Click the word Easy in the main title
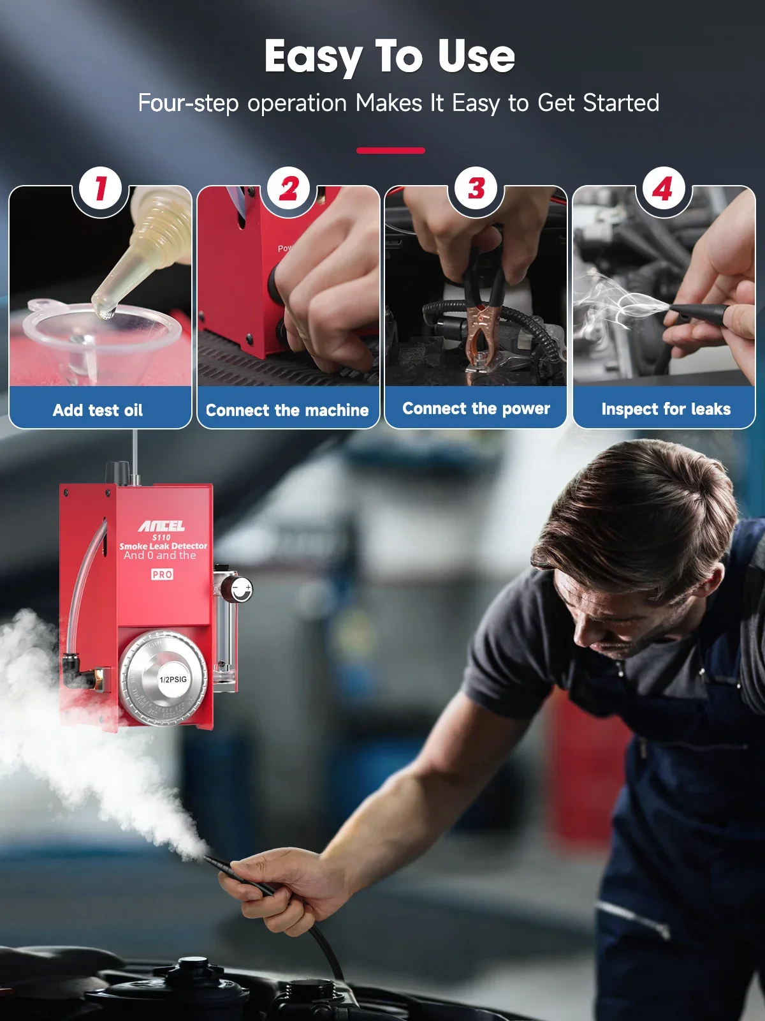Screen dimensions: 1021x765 click(x=312, y=57)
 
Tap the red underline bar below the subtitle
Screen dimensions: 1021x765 click(x=390, y=151)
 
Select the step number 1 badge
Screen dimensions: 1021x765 click(x=101, y=189)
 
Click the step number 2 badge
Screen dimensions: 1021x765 click(x=289, y=189)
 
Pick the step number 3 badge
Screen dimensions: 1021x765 click(x=476, y=189)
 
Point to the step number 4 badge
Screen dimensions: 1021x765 click(x=663, y=189)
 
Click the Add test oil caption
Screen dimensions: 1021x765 click(x=98, y=410)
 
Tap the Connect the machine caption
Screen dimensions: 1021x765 click(x=287, y=410)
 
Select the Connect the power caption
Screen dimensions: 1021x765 click(x=476, y=408)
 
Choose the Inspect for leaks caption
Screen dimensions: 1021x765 click(x=666, y=409)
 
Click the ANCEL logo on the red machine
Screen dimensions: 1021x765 click(x=162, y=526)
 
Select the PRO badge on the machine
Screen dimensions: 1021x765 click(x=162, y=574)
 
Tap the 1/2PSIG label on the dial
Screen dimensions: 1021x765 click(x=173, y=679)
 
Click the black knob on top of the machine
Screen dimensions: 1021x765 click(x=117, y=472)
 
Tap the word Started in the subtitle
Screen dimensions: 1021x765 click(x=621, y=103)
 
